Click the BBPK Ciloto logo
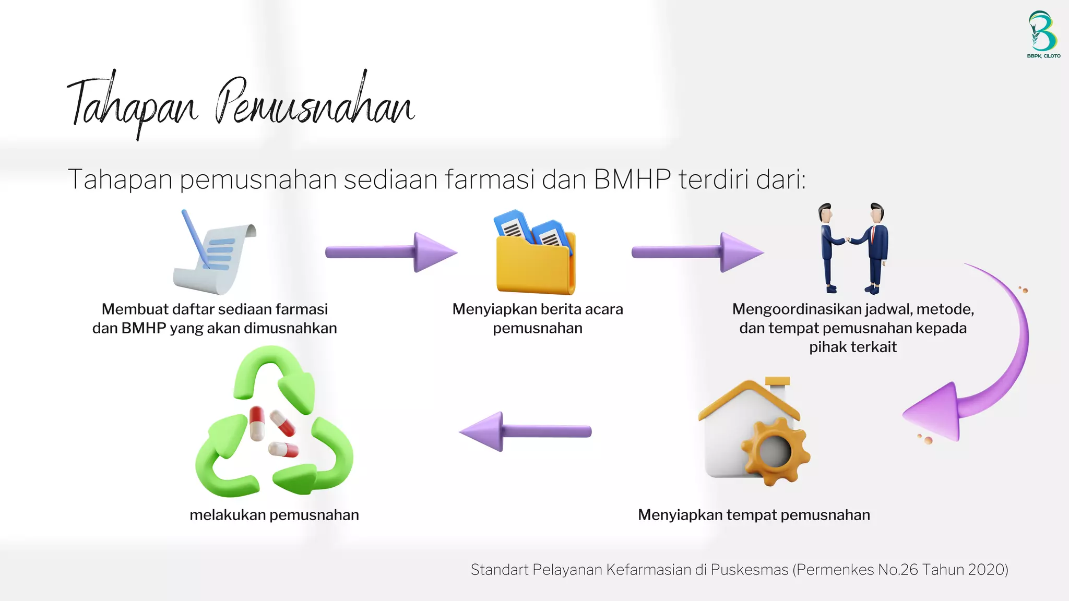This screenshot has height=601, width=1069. [1043, 34]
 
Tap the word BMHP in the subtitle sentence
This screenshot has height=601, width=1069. [632, 179]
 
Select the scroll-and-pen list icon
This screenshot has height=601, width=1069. [215, 253]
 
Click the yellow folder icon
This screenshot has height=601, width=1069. [536, 258]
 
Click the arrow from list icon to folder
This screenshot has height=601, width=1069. [391, 252]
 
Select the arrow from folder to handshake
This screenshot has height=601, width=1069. [697, 252]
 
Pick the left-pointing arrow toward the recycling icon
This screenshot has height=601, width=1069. [525, 431]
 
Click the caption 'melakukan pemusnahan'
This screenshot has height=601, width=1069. [274, 515]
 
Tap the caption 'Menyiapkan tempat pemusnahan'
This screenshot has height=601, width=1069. [754, 515]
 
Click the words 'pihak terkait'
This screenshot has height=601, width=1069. [852, 347]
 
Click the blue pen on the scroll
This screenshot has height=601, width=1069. [195, 238]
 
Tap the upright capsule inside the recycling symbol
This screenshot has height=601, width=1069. [257, 423]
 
